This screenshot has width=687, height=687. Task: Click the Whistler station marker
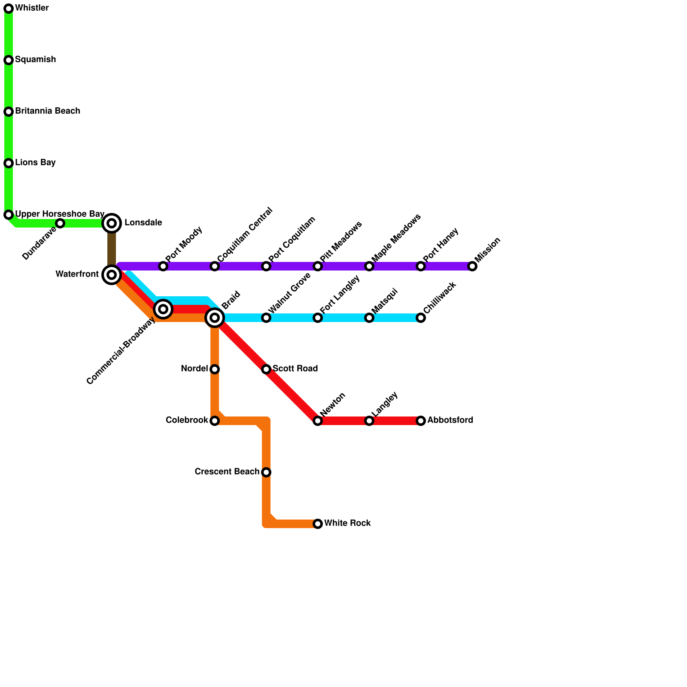[9, 9]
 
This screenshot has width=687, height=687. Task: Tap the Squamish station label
[35, 60]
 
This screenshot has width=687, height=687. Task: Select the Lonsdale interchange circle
[112, 223]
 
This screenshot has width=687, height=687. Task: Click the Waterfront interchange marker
[112, 275]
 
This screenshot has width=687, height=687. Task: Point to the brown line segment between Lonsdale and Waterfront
[112, 249]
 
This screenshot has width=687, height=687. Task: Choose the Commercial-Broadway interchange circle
[163, 309]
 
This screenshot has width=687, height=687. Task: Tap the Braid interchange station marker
[215, 318]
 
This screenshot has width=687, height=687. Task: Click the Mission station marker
[472, 266]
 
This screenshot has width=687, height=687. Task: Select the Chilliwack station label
[439, 298]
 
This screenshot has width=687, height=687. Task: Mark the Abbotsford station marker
[421, 421]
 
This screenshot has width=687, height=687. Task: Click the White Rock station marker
[318, 524]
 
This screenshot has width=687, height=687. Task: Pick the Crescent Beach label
[227, 472]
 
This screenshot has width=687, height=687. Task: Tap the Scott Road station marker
[266, 369]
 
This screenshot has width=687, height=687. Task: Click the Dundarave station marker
[60, 223]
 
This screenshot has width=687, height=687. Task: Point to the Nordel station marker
[215, 369]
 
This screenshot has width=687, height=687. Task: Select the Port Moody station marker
[163, 266]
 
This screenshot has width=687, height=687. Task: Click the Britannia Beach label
[47, 111]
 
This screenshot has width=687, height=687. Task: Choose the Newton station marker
[318, 421]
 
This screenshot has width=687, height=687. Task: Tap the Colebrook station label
[187, 420]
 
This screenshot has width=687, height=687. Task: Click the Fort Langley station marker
[318, 318]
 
